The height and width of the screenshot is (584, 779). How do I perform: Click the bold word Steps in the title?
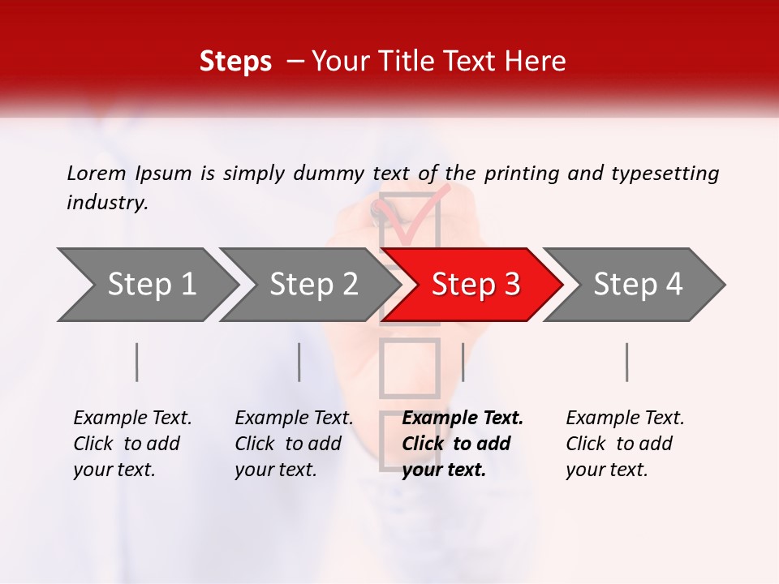(235, 62)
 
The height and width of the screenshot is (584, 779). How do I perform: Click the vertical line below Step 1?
(137, 362)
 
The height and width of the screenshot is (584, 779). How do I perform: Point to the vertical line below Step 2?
(299, 362)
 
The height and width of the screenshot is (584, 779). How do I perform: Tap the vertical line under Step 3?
(463, 362)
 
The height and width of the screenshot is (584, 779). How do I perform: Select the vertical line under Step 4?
(627, 362)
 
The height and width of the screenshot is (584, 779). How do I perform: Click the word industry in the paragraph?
(107, 203)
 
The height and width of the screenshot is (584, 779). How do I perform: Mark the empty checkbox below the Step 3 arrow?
(409, 367)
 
